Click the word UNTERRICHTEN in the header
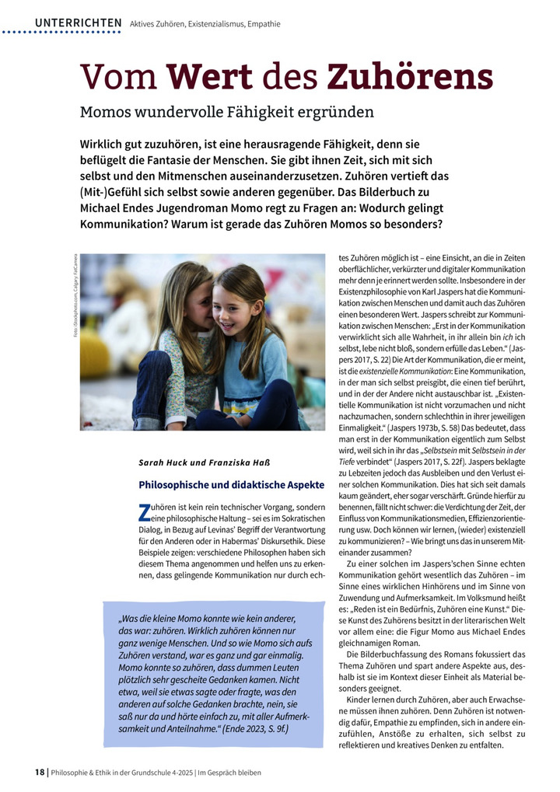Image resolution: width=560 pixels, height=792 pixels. point(78,23)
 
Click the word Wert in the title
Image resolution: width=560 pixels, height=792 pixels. point(208,77)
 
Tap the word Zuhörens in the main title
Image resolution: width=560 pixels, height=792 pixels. point(409,77)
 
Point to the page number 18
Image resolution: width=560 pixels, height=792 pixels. point(40,772)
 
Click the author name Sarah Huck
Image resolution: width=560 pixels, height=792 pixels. point(162,463)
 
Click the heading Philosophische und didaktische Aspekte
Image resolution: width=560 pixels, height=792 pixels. point(231,484)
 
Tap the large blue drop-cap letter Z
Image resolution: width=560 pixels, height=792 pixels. point(143,512)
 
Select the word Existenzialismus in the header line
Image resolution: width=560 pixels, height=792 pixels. point(214,24)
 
